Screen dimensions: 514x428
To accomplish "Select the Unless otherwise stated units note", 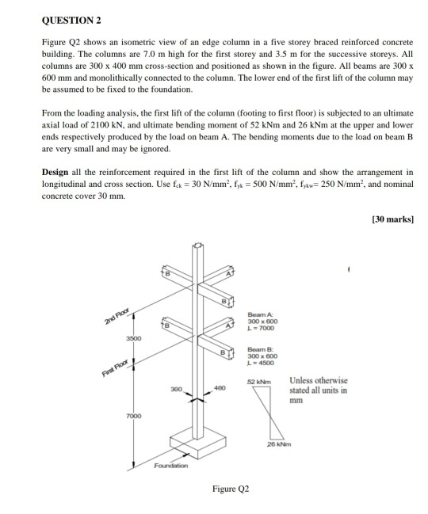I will tap(319, 390).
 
